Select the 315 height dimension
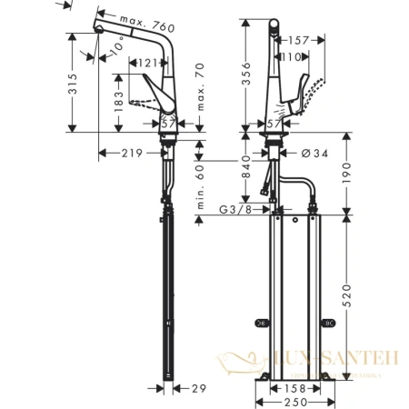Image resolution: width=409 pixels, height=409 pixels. tap(83, 85)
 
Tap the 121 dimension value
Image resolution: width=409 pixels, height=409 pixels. tap(149, 63)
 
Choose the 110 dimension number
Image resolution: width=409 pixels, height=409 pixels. tap(290, 56)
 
